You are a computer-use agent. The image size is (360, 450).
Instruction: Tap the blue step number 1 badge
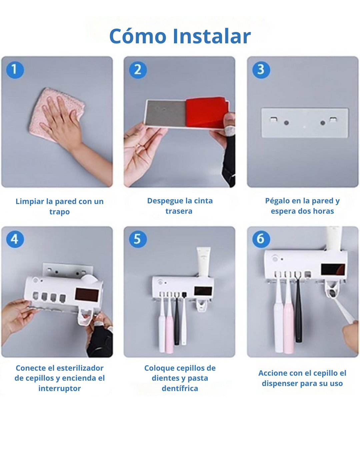(x=15, y=70)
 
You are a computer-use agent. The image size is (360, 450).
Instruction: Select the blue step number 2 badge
(x=138, y=70)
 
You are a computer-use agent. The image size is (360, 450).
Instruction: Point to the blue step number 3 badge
(x=261, y=70)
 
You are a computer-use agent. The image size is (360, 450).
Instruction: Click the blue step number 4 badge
(x=15, y=239)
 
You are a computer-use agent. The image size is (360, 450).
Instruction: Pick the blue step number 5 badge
(x=138, y=239)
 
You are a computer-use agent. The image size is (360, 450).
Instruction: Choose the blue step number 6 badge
(x=261, y=239)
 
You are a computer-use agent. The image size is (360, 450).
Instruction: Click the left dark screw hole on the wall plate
(x=286, y=123)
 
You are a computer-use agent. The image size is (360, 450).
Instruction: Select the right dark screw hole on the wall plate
(x=323, y=123)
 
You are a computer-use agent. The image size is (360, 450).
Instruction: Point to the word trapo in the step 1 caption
(x=60, y=212)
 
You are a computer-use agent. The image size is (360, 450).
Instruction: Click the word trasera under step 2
(x=179, y=211)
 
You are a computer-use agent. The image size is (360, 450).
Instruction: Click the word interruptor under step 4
(x=60, y=389)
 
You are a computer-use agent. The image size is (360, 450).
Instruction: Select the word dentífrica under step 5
(x=180, y=389)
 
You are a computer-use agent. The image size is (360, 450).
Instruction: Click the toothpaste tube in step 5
(x=204, y=262)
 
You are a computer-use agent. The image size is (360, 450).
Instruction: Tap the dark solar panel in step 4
(x=87, y=295)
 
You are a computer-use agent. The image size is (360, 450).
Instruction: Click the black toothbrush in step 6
(x=298, y=307)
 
